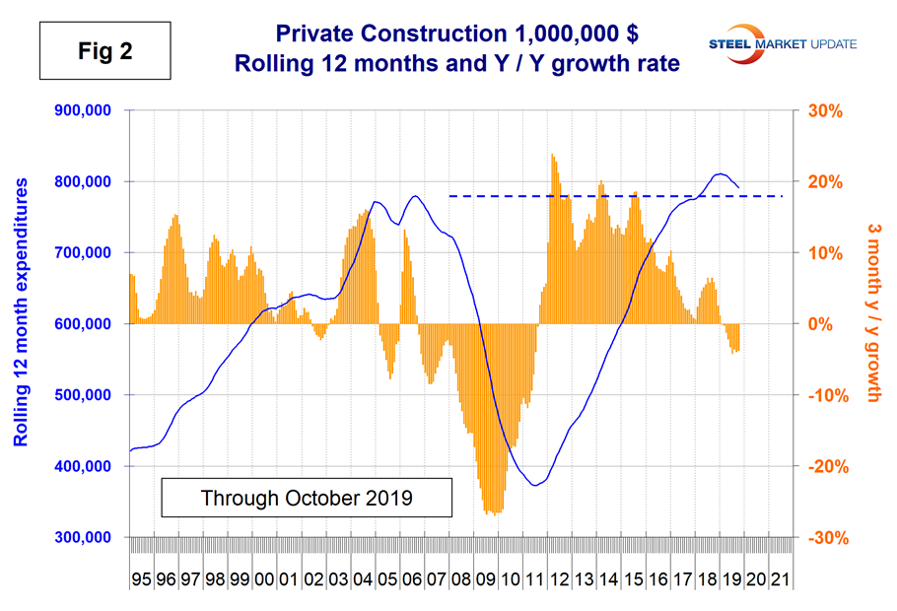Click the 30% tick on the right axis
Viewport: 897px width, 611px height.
pyautogui.click(x=826, y=110)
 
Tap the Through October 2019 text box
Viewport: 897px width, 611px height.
pyautogui.click(x=307, y=498)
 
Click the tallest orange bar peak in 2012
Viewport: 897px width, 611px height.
pyautogui.click(x=553, y=155)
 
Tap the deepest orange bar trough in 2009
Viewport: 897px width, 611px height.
pyautogui.click(x=493, y=512)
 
